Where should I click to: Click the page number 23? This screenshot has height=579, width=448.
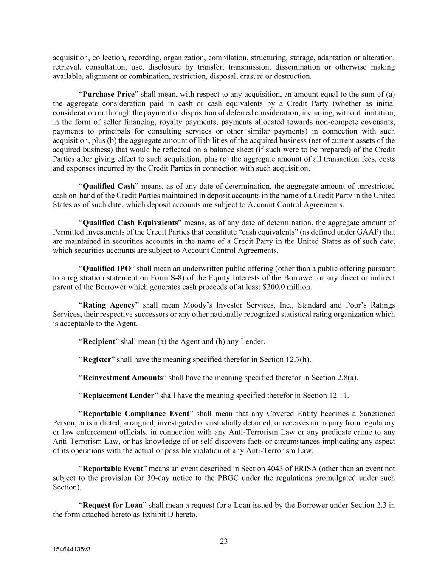point(224,541)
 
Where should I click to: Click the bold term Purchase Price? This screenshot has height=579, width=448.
point(108,94)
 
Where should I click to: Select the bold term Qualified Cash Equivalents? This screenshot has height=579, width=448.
point(130,223)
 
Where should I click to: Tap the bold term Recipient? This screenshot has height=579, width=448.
point(99,341)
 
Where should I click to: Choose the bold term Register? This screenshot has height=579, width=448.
point(96,360)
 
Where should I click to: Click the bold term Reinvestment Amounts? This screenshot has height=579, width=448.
point(123,378)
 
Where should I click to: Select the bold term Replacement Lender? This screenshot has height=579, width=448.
point(118,396)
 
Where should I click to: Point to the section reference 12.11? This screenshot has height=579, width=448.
point(338,396)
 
